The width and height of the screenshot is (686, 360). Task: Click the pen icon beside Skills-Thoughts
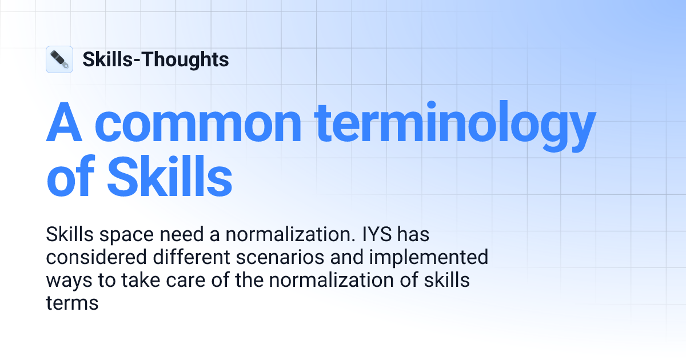[x=59, y=59]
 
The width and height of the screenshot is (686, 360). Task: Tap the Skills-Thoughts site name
[x=155, y=59]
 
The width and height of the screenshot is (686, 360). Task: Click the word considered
[x=95, y=258]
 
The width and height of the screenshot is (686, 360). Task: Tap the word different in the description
[x=184, y=258]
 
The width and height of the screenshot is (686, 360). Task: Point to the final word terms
[x=72, y=303]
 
